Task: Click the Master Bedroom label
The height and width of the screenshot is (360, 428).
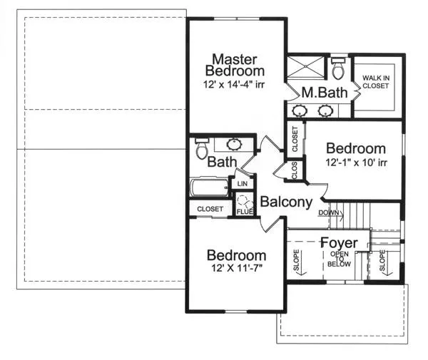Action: [235, 65]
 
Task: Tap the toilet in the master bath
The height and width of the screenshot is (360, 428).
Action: [338, 68]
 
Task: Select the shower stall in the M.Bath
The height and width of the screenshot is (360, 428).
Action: [305, 66]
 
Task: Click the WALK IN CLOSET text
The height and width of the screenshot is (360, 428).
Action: [376, 82]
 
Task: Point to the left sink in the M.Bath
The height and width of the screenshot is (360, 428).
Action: [300, 110]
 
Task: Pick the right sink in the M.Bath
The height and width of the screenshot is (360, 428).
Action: [326, 110]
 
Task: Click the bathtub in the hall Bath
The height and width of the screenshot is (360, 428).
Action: [209, 187]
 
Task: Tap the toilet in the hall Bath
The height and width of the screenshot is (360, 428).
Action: [202, 148]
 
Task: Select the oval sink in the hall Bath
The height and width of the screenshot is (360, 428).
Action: [234, 145]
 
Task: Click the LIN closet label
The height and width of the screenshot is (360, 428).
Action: [243, 184]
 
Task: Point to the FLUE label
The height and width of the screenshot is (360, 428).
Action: [245, 212]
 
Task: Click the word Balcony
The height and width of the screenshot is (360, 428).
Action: [286, 202]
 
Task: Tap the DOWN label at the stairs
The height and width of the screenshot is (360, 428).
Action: [329, 212]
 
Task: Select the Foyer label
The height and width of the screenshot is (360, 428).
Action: [339, 242]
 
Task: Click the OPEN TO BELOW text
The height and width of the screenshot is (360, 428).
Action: [339, 259]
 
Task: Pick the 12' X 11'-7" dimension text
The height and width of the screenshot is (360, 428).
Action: [237, 268]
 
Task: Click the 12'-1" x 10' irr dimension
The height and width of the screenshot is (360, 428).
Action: [356, 163]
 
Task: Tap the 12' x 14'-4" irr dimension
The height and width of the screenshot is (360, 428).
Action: [234, 84]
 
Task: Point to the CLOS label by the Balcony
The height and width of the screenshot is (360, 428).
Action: [294, 170]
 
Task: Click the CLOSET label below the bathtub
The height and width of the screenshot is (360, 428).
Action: [210, 209]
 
